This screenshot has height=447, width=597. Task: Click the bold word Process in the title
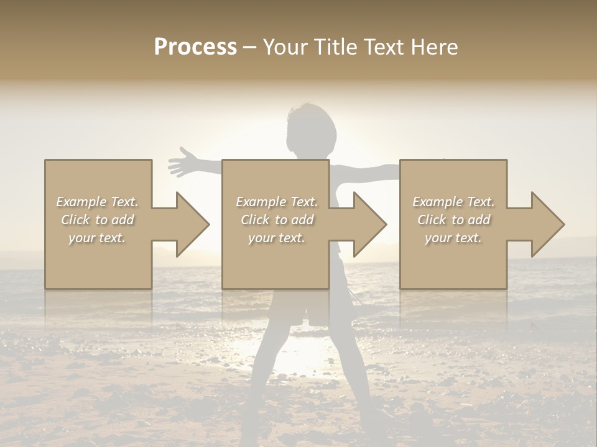click(195, 47)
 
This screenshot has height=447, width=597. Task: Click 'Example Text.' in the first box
click(97, 202)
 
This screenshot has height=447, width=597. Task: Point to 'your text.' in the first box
click(97, 238)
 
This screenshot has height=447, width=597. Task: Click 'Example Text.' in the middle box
click(277, 202)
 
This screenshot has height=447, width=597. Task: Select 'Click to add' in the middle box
click(277, 220)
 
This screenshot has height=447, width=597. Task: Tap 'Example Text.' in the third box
click(453, 202)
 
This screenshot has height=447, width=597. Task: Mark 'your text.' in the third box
click(453, 238)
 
